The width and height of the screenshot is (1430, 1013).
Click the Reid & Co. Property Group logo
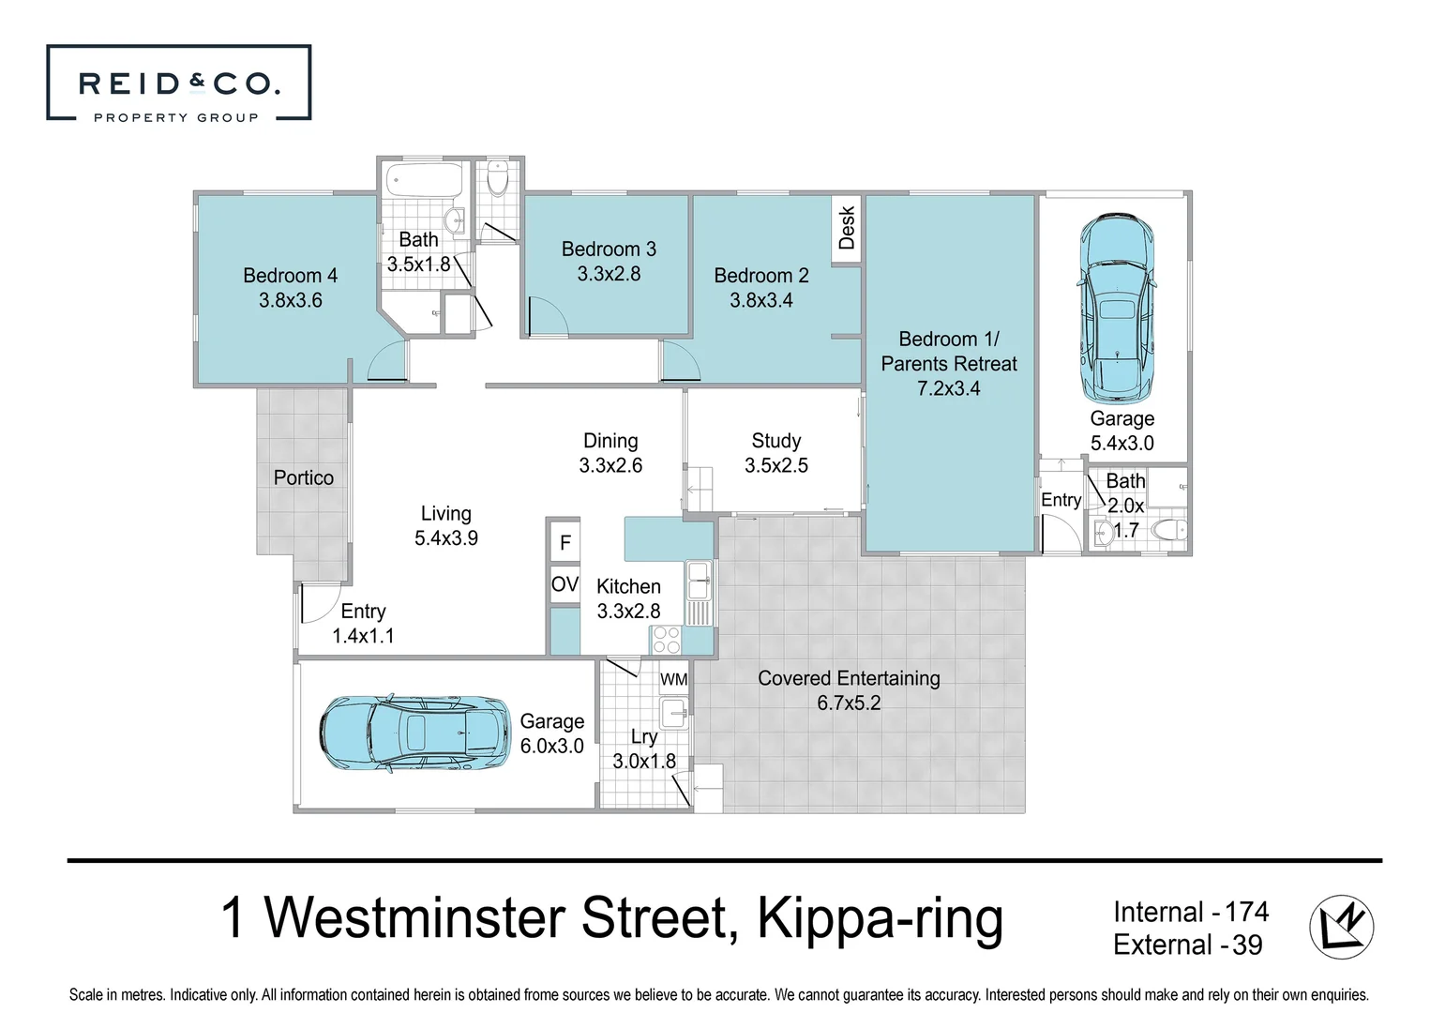pos(178,83)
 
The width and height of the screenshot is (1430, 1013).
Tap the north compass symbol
pos(1341,927)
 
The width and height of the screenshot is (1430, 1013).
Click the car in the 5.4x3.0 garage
pos(1117,308)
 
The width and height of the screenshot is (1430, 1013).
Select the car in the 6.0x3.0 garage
pos(414,733)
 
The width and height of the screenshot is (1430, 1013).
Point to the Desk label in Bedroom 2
pos(847,228)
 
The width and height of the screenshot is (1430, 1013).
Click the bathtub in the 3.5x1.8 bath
pos(424,178)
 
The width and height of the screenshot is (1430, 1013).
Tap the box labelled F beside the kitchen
pos(564,542)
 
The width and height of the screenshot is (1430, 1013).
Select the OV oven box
pos(564,584)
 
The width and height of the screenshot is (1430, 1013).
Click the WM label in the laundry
pos(673,679)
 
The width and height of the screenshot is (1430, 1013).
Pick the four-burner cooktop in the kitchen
pos(667,640)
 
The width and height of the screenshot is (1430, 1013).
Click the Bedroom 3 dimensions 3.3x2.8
pos(609,274)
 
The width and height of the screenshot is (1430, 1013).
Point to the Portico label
pos(303,477)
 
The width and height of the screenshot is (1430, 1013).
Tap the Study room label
pos(775,441)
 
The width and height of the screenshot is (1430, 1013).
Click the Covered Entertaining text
pos(849,678)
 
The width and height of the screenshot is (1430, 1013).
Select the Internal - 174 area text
pos(1190,912)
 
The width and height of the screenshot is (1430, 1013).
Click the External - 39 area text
pos(1187,945)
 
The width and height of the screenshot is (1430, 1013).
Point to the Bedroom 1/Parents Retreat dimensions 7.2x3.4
pos(948,388)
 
